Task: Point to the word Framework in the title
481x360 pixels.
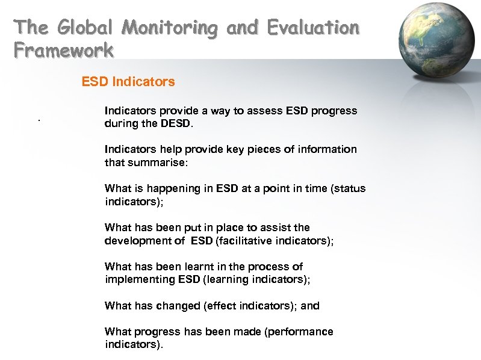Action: [63, 51]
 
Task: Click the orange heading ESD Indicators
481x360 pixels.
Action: [128, 81]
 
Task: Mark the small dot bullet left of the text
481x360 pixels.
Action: [39, 121]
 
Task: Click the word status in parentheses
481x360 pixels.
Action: [350, 188]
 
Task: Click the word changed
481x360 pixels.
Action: [179, 306]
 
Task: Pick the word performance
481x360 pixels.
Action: [300, 332]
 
